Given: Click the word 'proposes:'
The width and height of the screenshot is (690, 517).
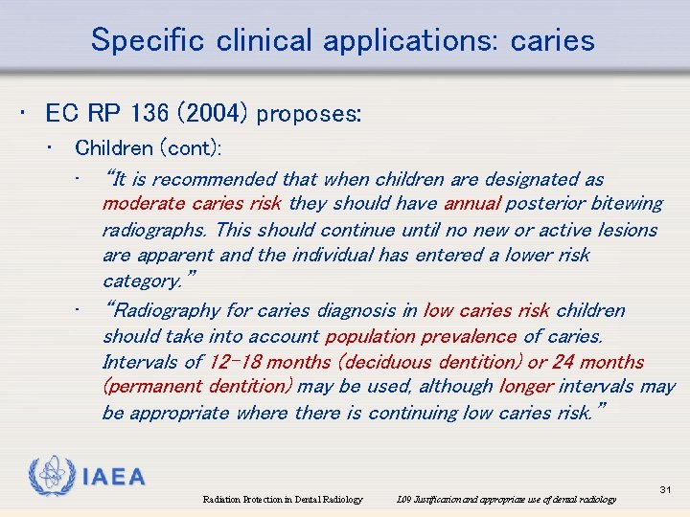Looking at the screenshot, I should click(x=309, y=114).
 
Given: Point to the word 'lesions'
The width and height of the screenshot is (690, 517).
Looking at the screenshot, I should click(x=625, y=230).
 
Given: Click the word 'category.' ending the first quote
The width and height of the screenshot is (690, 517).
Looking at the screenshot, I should click(x=146, y=281).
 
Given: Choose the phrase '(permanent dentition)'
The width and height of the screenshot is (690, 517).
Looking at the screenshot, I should click(x=197, y=388).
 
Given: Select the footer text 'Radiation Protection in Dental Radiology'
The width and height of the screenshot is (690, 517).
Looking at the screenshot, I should click(x=283, y=499).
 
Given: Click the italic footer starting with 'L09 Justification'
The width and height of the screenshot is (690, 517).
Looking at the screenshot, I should click(x=507, y=499).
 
